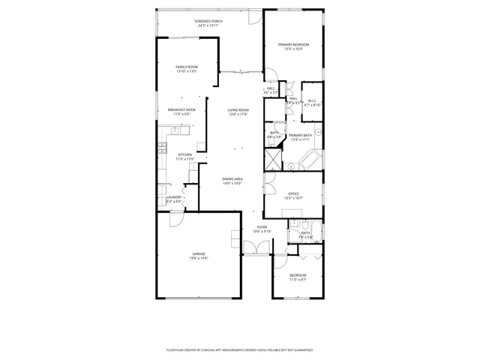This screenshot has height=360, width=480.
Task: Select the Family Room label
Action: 187,67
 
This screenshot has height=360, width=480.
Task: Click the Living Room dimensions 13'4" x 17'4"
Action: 238,115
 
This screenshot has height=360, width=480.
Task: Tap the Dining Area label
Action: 232,178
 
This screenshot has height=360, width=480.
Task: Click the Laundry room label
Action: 173,197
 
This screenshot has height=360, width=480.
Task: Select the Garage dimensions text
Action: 199,258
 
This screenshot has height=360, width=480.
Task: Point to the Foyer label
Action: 262,226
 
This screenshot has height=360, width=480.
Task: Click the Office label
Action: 293,193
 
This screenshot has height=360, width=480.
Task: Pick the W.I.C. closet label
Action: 313,100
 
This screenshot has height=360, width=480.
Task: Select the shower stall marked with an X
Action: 271,160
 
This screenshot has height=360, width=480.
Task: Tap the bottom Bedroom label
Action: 298,275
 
